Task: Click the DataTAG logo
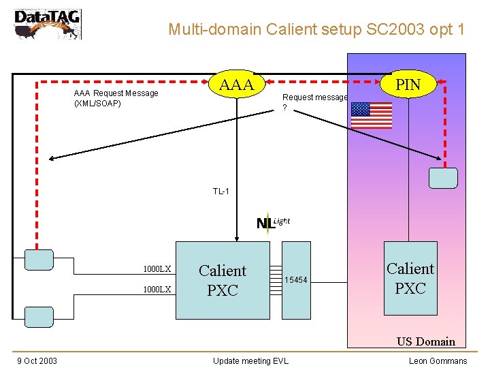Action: (x=47, y=23)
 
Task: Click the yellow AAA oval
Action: (x=237, y=85)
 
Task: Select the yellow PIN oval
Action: (x=408, y=85)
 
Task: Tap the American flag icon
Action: (x=372, y=115)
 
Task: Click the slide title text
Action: (x=316, y=29)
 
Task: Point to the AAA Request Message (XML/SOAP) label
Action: (x=116, y=98)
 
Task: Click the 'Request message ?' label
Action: (x=314, y=102)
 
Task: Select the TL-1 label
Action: (x=221, y=191)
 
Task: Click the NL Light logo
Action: (x=272, y=222)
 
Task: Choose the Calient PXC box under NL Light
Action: (x=223, y=280)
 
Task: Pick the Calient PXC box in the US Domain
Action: (x=410, y=278)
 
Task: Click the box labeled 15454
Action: (x=296, y=280)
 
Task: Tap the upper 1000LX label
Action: (x=157, y=269)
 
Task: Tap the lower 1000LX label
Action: (x=157, y=289)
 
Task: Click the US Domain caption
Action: (x=426, y=341)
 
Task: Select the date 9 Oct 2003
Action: (x=37, y=361)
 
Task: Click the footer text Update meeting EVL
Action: (x=250, y=361)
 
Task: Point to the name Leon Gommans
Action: (x=438, y=361)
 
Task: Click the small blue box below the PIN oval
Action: (x=444, y=177)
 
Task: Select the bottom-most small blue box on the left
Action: (x=38, y=316)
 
